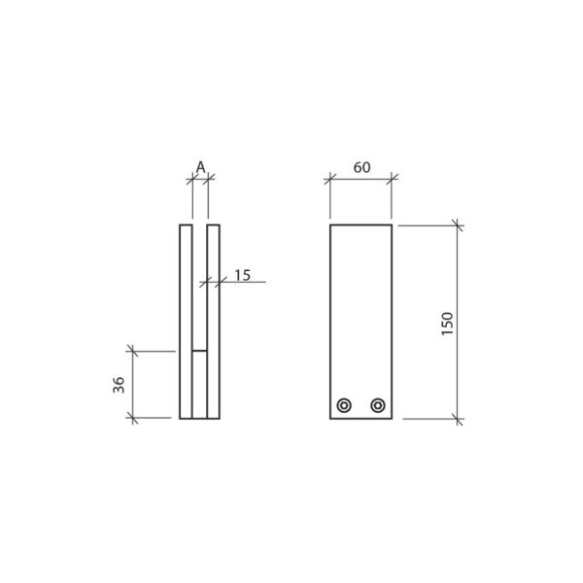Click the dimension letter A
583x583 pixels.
(200, 166)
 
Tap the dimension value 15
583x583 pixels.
(243, 275)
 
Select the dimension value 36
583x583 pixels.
(119, 384)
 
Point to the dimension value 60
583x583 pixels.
(360, 167)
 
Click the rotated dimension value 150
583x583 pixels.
(446, 323)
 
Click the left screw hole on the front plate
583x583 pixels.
(344, 405)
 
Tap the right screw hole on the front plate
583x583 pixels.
(378, 405)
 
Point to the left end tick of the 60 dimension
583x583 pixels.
(330, 180)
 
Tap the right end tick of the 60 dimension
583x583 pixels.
(392, 180)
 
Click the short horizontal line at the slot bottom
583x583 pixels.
(199, 349)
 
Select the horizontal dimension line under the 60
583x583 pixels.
(360, 180)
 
